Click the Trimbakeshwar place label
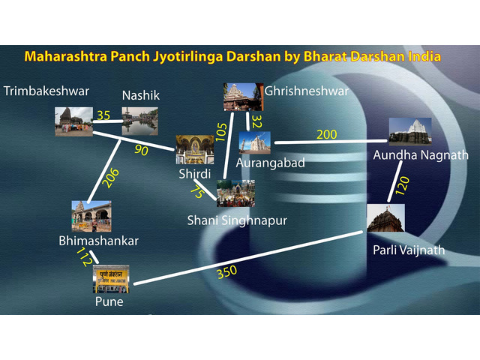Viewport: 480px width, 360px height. (x=46, y=91)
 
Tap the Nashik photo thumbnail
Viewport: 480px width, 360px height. (x=140, y=121)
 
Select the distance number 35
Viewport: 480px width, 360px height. (x=103, y=115)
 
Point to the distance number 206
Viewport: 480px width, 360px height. (x=110, y=178)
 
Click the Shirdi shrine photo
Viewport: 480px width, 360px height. (x=195, y=150)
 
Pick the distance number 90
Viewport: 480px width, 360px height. (x=141, y=150)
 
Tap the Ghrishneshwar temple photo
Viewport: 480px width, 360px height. (x=243, y=97)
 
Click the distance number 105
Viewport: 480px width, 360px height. (x=222, y=132)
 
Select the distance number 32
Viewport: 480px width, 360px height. (x=256, y=121)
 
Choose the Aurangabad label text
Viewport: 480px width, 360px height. (x=270, y=163)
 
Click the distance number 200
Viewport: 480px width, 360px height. (x=327, y=134)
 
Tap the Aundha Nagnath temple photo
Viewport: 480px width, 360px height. (x=410, y=132)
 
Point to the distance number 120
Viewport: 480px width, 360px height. (x=402, y=185)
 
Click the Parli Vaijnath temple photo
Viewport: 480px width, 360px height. (x=385, y=218)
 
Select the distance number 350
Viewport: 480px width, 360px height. (x=226, y=271)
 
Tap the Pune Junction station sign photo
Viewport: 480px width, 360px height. (x=111, y=279)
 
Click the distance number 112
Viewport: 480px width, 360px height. (x=85, y=256)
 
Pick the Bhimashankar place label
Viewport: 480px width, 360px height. (x=98, y=241)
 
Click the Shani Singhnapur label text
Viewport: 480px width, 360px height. (x=237, y=220)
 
